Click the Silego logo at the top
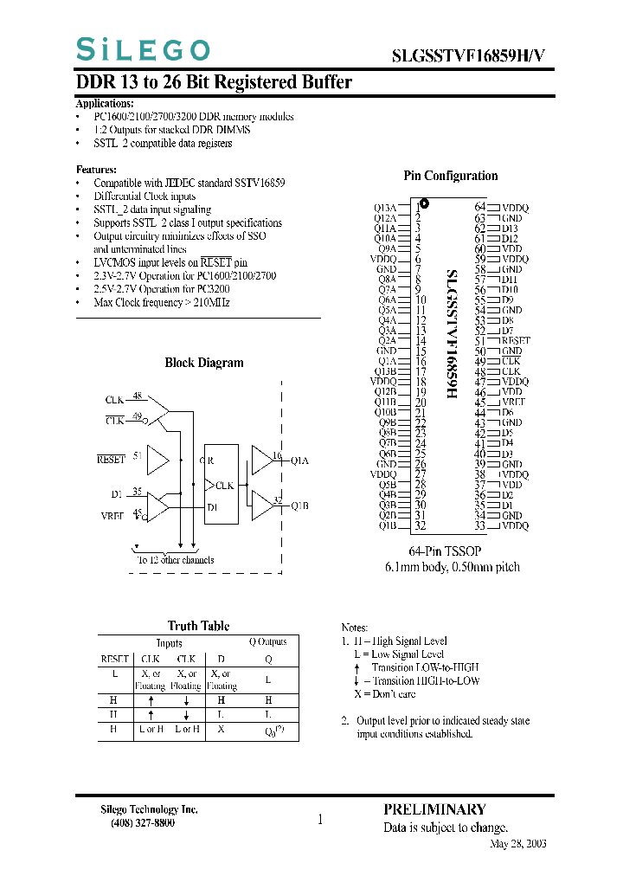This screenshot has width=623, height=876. coord(143,49)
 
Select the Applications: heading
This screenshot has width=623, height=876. coord(105,104)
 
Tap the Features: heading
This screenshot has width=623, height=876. coord(96,170)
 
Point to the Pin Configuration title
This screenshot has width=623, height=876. coord(451,176)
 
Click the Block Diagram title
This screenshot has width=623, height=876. coord(204,363)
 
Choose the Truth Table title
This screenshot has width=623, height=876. coord(198,626)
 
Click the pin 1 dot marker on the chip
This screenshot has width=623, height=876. coord(425,206)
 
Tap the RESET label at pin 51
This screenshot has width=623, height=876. coord(516,341)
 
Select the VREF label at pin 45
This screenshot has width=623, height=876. coord(514,403)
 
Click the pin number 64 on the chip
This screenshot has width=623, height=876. coord(480,208)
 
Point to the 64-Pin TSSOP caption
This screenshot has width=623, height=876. coord(445,551)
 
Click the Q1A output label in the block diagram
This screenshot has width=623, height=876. coord(299,461)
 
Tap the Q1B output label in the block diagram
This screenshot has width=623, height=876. coord(299,506)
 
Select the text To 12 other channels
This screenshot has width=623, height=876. coord(176,560)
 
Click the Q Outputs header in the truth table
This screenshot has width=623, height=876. coord(268,642)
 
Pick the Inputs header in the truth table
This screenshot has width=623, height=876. coord(170,643)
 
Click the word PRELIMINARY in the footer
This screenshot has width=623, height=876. coord(434,810)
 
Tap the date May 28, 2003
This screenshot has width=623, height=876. coord(518,844)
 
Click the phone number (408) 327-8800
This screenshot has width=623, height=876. coord(143,823)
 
